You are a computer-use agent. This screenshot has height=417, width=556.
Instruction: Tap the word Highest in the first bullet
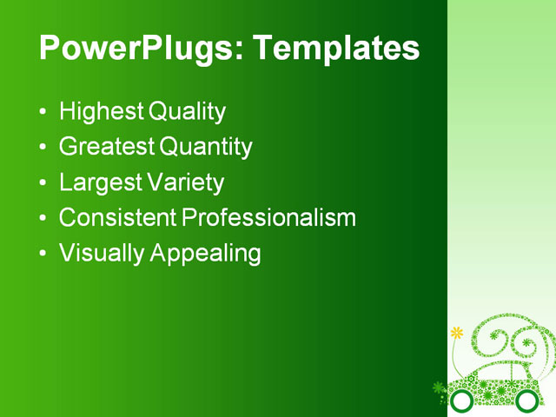click(101, 112)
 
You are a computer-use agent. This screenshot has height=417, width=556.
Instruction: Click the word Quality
click(187, 112)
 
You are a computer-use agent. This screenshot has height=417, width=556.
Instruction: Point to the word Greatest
click(107, 147)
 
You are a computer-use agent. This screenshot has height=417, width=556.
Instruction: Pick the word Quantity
click(207, 147)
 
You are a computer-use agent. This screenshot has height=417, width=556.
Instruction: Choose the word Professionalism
click(268, 217)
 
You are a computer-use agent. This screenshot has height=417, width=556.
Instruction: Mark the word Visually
click(102, 253)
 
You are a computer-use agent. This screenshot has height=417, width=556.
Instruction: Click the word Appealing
click(205, 253)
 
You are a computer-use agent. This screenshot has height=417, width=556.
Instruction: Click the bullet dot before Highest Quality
click(43, 113)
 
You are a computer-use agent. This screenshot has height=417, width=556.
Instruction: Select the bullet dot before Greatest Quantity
click(43, 148)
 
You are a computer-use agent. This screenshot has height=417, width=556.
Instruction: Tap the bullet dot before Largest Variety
click(43, 183)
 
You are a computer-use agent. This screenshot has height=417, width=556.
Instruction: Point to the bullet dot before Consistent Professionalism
click(43, 218)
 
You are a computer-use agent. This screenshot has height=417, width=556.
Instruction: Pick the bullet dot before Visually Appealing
click(43, 254)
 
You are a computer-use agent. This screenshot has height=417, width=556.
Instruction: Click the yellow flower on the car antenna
click(457, 333)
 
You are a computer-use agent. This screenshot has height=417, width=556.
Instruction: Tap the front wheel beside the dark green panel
click(462, 400)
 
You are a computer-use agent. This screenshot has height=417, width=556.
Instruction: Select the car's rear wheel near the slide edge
click(526, 400)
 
